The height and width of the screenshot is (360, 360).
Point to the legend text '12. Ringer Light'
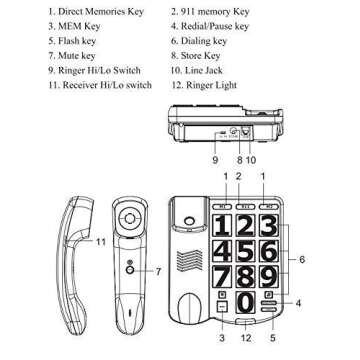[x=204, y=86]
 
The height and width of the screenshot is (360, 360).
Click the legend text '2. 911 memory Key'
[x=210, y=12]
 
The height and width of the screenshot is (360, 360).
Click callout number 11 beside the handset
[x=100, y=242]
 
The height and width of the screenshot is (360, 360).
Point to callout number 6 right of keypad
[x=302, y=260]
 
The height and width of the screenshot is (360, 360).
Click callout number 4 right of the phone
[x=297, y=302]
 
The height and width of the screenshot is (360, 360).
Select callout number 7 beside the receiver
[x=157, y=271]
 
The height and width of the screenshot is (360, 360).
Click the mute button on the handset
[x=130, y=268]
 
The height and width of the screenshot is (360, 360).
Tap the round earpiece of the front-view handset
[x=128, y=216]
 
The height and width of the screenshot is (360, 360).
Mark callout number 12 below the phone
[x=245, y=338]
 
